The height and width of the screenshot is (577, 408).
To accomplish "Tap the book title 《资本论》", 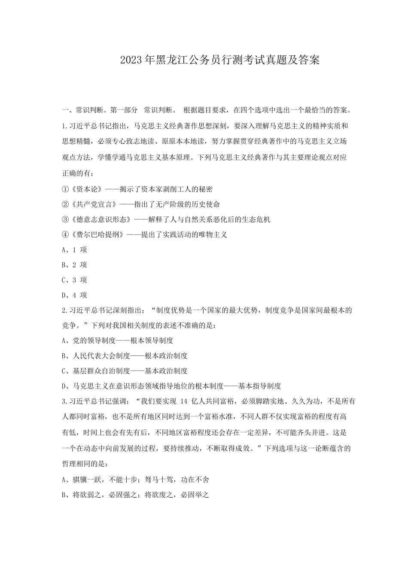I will tap(83, 189).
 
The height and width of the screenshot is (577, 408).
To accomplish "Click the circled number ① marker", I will tap(65, 189).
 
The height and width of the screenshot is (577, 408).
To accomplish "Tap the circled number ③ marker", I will tap(65, 219).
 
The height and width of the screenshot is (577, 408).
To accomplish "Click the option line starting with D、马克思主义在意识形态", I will tap(171, 386).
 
